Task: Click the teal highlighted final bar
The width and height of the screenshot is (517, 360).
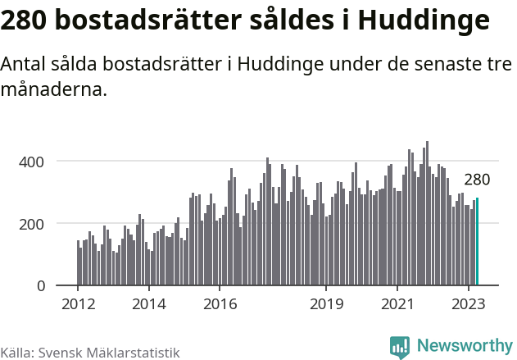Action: (477, 242)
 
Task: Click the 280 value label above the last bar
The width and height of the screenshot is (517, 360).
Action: (477, 180)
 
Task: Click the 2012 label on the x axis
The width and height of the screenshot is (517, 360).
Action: (78, 303)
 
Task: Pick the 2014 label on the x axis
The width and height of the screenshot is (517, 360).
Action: (148, 303)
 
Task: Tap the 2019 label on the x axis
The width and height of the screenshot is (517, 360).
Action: (326, 303)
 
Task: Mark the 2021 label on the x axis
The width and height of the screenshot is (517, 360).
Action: (397, 303)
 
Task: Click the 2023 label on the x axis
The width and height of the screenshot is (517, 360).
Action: (469, 303)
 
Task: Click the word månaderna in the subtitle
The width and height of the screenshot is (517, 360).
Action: (54, 91)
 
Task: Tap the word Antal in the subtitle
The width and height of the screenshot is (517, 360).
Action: (25, 66)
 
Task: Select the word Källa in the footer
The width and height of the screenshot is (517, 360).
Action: (16, 353)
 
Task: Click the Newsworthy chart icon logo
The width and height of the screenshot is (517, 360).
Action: (400, 347)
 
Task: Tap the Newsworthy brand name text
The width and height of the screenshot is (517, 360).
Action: (464, 346)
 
